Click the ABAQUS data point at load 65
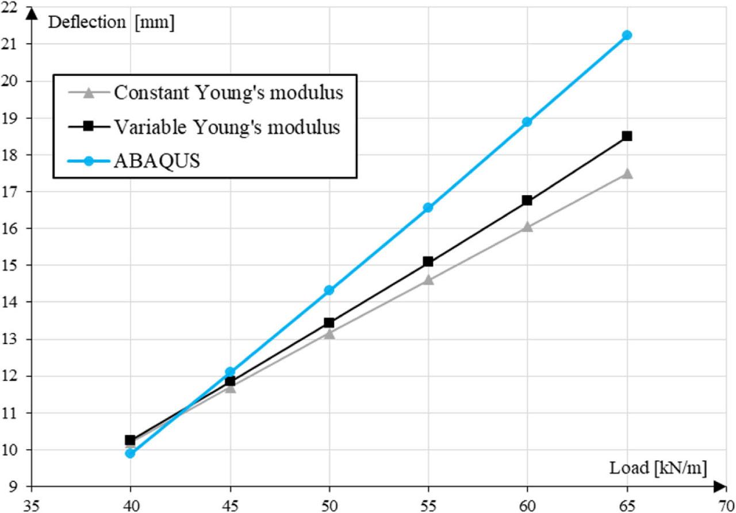pyautogui.click(x=627, y=35)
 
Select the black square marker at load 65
pyautogui.click(x=627, y=136)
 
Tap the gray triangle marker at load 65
pyautogui.click(x=627, y=173)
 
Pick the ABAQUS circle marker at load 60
pyautogui.click(x=527, y=122)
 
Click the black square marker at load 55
pyautogui.click(x=428, y=261)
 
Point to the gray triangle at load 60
pyautogui.click(x=527, y=226)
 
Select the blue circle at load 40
pyautogui.click(x=130, y=453)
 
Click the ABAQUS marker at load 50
pyautogui.click(x=329, y=290)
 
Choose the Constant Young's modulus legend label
pyautogui.click(x=228, y=92)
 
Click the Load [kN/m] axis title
pyautogui.click(x=658, y=468)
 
